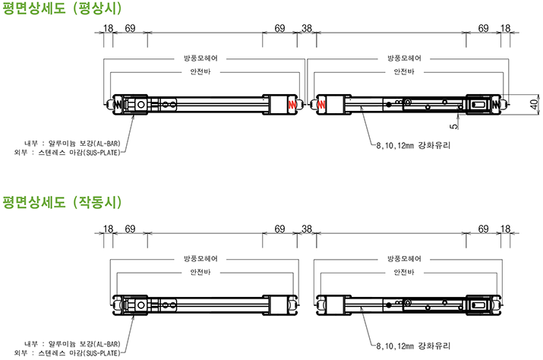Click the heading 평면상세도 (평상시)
(x=62, y=8)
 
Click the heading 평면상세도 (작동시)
(x=62, y=202)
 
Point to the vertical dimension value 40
(x=535, y=104)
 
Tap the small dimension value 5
(x=453, y=127)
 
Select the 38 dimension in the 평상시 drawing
(x=307, y=28)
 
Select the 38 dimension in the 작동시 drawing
(x=307, y=229)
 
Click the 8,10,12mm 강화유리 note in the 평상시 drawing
(x=413, y=146)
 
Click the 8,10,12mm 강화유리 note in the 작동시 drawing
(x=413, y=346)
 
